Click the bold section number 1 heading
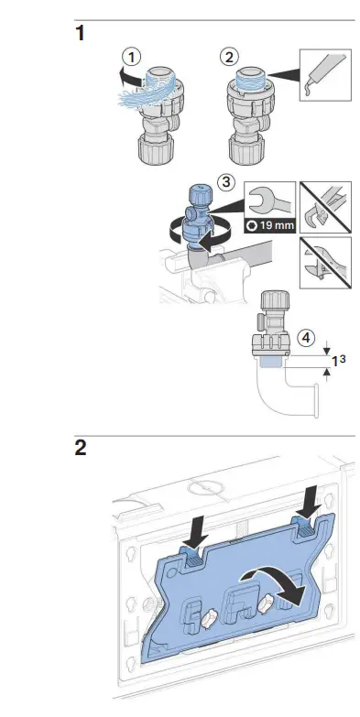81,34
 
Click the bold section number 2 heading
82,451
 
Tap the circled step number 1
133,57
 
